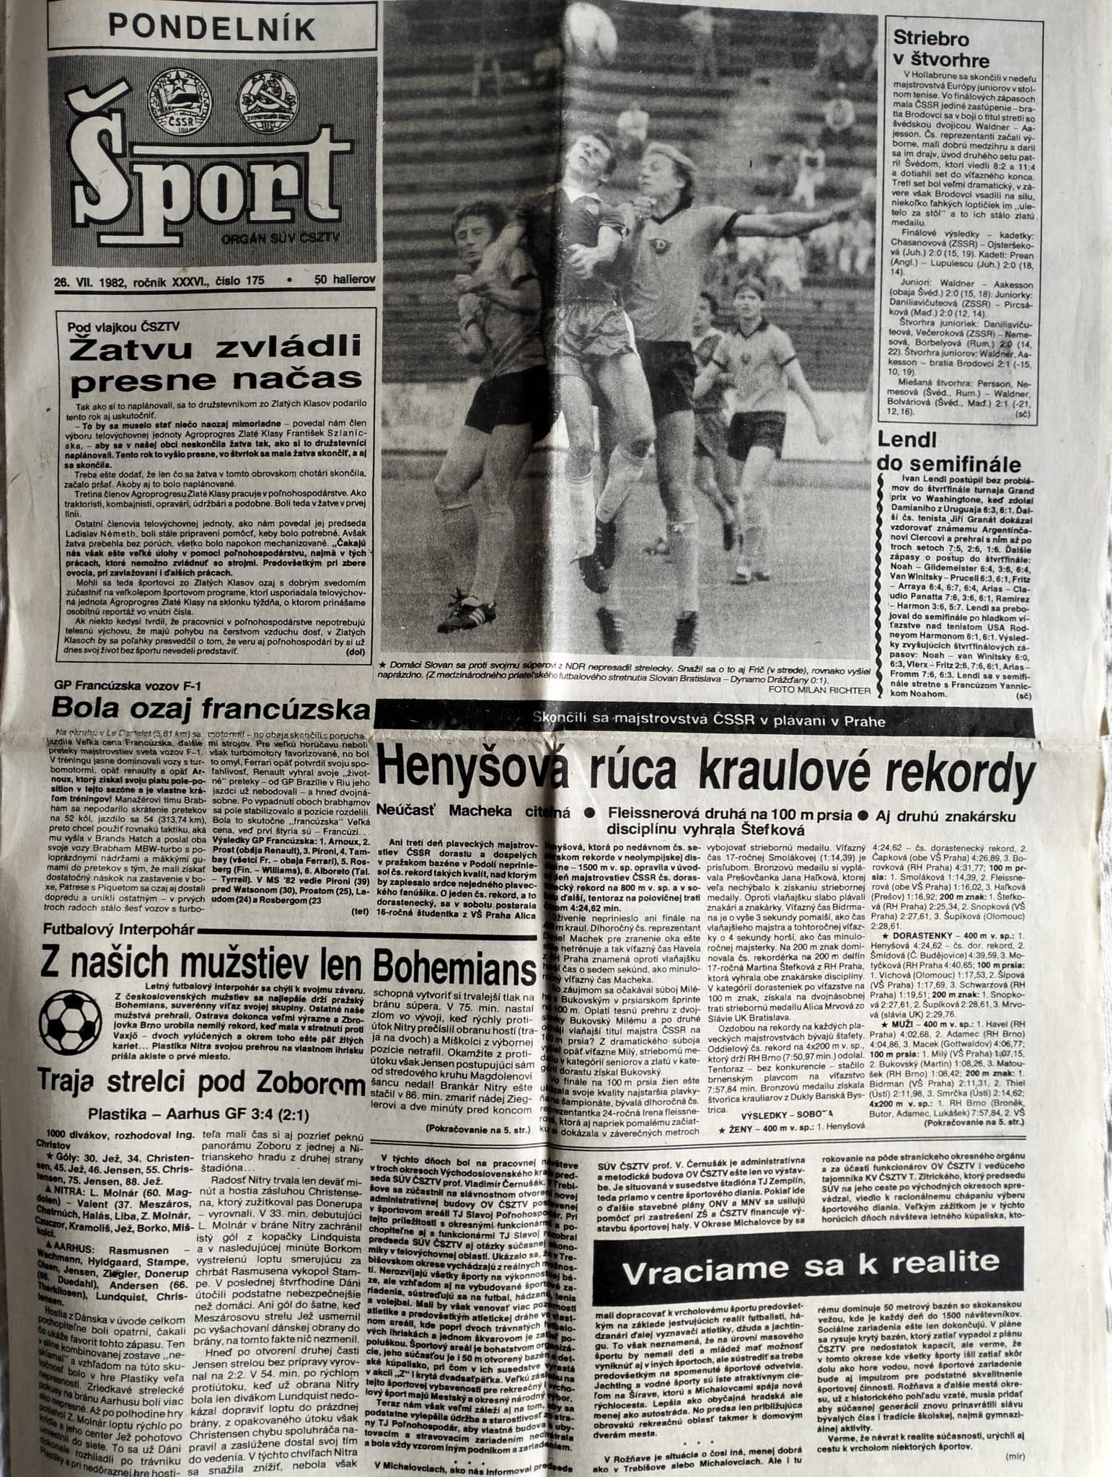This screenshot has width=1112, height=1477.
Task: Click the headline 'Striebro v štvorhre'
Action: coord(941,49)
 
